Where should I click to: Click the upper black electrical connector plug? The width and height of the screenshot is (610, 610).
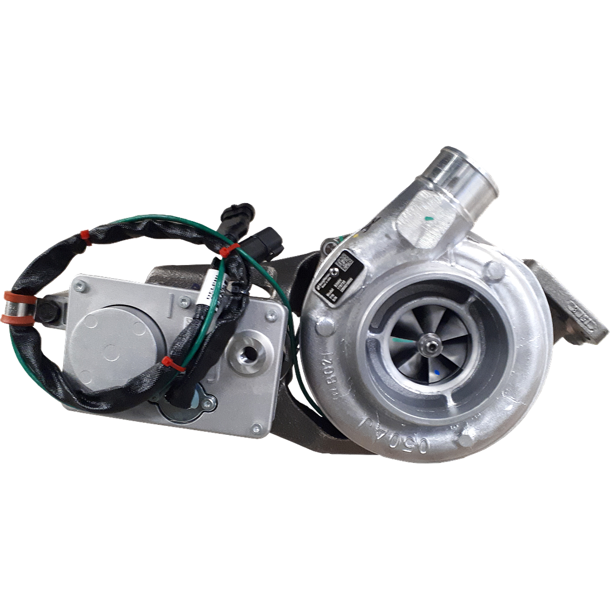tap(238, 215)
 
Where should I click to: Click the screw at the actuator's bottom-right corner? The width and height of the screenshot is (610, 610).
tap(255, 427)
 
